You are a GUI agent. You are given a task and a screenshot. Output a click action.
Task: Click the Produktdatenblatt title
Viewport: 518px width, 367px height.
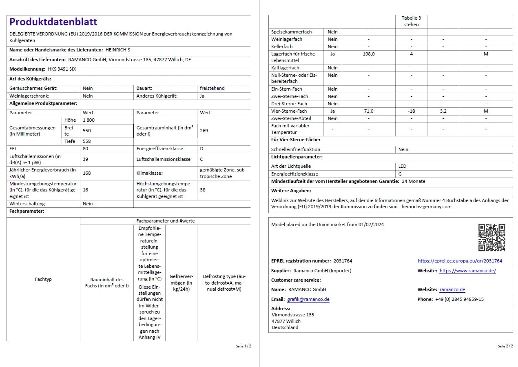(x=53, y=22)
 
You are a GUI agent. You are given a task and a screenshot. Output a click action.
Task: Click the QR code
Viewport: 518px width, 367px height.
(x=491, y=238)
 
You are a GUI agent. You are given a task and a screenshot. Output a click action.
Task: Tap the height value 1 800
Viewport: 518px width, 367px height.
(x=89, y=120)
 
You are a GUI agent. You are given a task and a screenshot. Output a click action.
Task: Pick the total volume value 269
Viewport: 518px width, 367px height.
(x=204, y=131)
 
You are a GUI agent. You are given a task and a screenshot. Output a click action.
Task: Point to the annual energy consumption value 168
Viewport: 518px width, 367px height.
(x=87, y=173)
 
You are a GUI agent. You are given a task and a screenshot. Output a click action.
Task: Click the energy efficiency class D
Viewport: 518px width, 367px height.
(x=201, y=149)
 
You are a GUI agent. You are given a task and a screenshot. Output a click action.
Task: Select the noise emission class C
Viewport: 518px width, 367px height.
(x=201, y=159)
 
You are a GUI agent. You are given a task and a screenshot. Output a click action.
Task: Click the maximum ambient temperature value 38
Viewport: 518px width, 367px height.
(x=203, y=190)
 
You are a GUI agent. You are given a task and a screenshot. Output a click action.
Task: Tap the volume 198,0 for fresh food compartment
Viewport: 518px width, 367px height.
(x=368, y=54)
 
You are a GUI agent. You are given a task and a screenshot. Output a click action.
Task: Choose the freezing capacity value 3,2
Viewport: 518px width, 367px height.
(x=443, y=111)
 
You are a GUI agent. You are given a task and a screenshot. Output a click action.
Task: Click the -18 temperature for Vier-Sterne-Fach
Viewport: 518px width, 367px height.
(x=411, y=111)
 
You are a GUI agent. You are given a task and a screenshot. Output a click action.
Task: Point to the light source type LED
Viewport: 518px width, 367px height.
(x=402, y=166)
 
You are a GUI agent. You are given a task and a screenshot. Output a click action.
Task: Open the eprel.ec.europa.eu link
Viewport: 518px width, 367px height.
(x=460, y=261)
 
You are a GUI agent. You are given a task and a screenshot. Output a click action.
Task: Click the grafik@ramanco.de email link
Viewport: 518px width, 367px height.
(x=308, y=299)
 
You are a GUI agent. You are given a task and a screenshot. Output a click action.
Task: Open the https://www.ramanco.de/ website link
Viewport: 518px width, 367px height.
(x=467, y=271)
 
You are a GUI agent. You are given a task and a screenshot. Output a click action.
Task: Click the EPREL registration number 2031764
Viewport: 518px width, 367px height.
(x=343, y=261)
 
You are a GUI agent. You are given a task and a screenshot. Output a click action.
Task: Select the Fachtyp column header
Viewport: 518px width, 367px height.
(x=43, y=279)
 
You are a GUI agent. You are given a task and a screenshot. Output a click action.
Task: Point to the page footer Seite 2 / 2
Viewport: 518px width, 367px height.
(x=505, y=346)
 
